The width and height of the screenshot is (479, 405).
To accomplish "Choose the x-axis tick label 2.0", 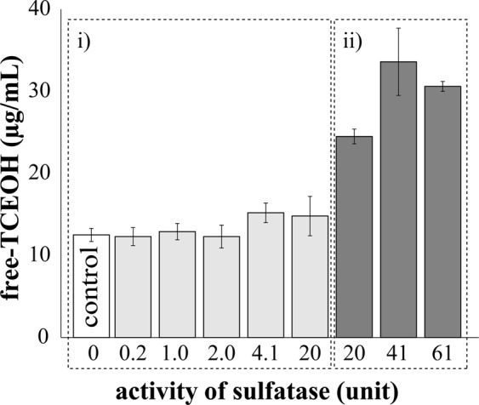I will click(x=220, y=352).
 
